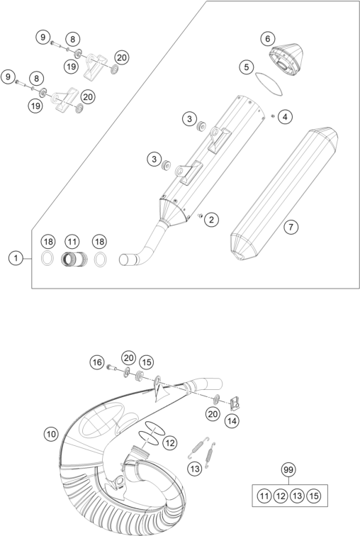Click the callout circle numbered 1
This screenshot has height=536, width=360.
pos(16,258)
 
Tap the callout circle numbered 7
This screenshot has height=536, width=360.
pos(291,227)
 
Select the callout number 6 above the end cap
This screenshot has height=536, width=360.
pos(267,38)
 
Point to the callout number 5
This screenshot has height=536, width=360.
pos(247,67)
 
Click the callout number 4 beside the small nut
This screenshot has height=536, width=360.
pos(285,117)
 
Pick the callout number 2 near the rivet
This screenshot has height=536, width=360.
pos(211,220)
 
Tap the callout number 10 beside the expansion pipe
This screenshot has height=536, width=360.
pos(51,434)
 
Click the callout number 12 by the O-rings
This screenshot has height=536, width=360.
pos(170,443)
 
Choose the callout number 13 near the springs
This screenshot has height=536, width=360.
pos(195,469)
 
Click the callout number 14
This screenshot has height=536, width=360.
pos(232,421)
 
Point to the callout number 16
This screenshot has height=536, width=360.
pos(97,362)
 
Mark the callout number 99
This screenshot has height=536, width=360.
pos(288,469)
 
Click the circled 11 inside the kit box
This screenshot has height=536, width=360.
pos(264,496)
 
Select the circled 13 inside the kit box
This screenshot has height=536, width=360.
pos(297,496)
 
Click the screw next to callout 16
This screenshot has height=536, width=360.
pos(111,368)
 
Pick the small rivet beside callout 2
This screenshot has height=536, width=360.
pos(200,216)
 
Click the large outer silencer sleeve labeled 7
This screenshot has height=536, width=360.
pos(284,194)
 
